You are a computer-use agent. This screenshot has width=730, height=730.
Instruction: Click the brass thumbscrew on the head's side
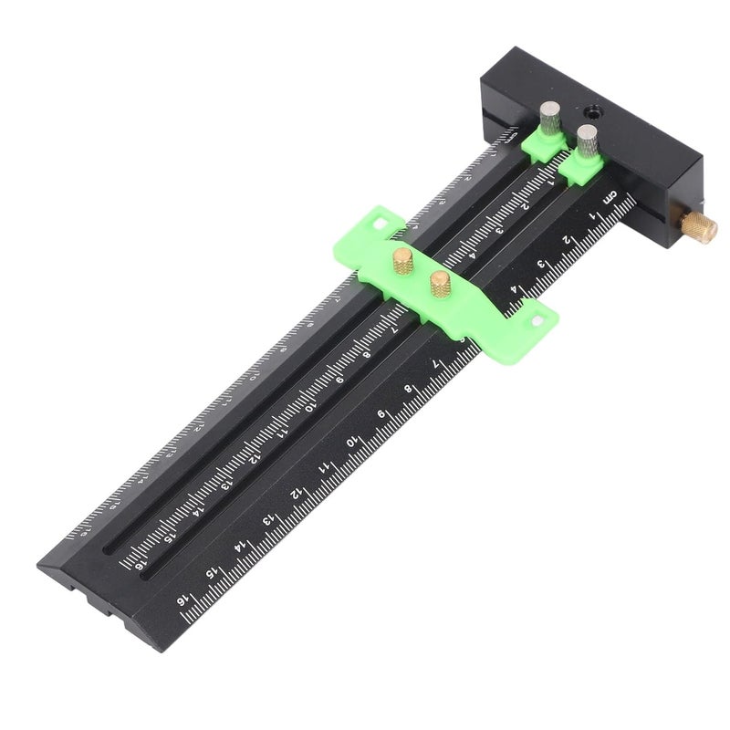(x=701, y=225)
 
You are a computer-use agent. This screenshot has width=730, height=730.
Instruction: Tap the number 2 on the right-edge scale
(x=566, y=241)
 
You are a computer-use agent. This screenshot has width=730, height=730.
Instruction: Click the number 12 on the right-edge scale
(x=295, y=494)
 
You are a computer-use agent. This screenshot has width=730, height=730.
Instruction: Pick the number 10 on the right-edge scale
(x=351, y=443)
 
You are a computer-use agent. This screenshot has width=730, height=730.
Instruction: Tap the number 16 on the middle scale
(x=141, y=567)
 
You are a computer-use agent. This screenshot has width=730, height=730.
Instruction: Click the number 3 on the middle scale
(x=499, y=231)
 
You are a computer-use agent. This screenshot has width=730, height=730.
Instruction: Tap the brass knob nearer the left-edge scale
(x=401, y=259)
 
